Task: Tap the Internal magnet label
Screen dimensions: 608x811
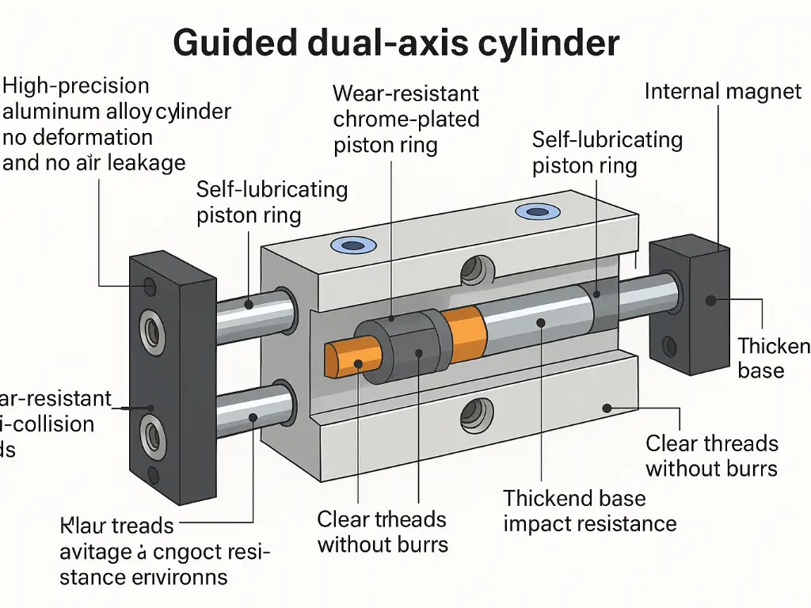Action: tap(722, 92)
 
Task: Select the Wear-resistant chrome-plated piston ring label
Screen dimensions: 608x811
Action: tap(405, 120)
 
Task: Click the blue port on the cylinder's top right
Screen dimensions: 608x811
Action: tap(537, 211)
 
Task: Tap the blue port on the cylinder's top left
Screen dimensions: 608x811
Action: tap(346, 245)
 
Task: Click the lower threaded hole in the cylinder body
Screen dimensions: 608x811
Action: tap(476, 412)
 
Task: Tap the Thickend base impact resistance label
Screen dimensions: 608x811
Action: tap(589, 511)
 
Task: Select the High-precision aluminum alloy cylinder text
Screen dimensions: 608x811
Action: tap(116, 123)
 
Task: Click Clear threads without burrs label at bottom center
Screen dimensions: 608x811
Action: tap(382, 531)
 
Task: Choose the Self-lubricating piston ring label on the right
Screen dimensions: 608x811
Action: tap(607, 153)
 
